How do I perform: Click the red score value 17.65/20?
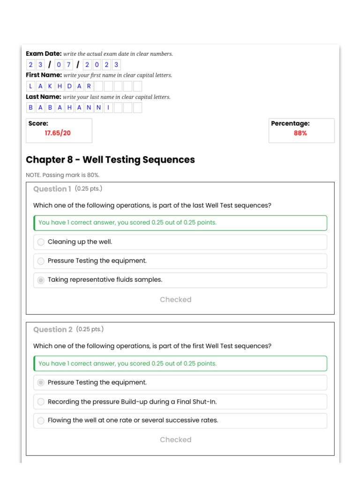tap(58, 133)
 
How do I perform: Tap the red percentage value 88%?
tap(300, 133)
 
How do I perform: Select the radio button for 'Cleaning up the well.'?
tap(41, 242)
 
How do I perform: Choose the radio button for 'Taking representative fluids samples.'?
tap(41, 280)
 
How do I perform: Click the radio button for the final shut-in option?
tap(41, 402)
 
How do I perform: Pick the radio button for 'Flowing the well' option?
tap(41, 420)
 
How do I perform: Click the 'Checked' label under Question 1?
tap(175, 300)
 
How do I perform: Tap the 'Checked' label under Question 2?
tap(175, 440)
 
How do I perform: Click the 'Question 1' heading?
tap(52, 189)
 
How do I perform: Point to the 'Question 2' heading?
tap(52, 330)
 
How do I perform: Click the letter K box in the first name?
tap(50, 86)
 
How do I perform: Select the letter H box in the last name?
tap(69, 108)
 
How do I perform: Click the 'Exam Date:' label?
tap(44, 53)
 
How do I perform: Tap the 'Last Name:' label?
tap(43, 97)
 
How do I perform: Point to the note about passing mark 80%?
tap(63, 175)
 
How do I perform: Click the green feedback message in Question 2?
tap(127, 363)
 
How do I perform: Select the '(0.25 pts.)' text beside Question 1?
tap(88, 188)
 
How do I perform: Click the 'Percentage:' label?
tap(290, 123)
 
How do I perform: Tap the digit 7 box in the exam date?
tap(68, 65)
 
